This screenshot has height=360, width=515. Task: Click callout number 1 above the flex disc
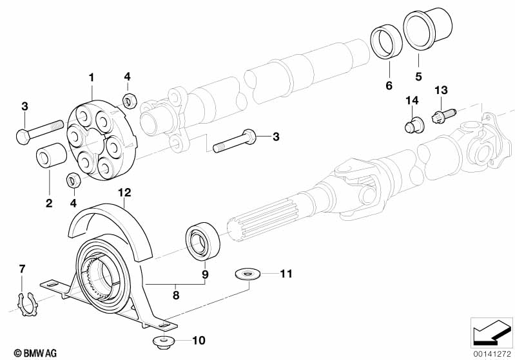(x=92, y=77)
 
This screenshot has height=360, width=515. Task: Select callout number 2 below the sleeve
(x=48, y=204)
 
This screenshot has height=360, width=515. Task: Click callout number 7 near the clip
(x=21, y=267)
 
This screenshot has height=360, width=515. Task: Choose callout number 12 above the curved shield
(x=124, y=192)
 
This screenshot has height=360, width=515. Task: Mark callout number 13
(x=441, y=90)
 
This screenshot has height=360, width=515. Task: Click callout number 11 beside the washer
(x=286, y=274)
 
